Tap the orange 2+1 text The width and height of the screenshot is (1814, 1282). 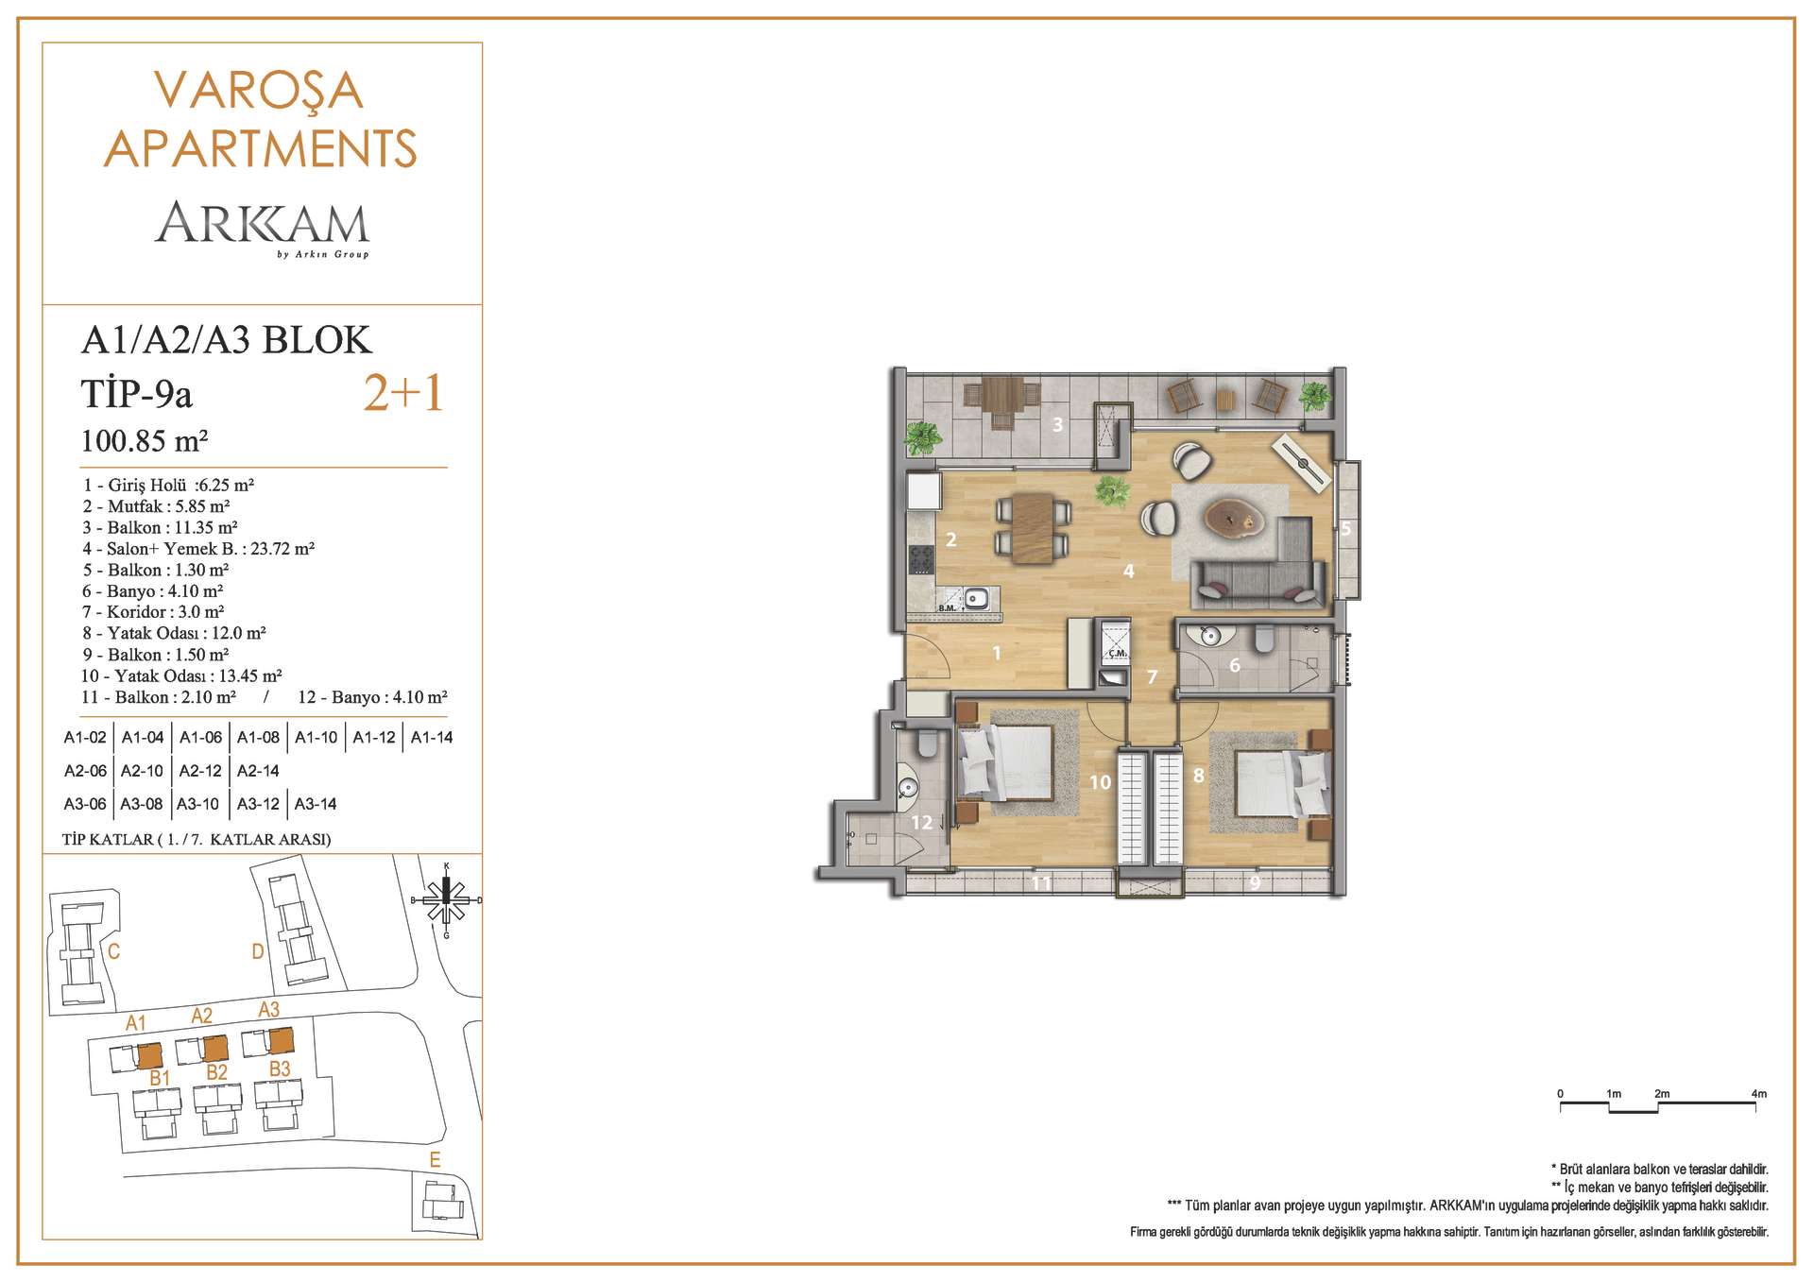[403, 393]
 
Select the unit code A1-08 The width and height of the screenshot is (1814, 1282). [258, 737]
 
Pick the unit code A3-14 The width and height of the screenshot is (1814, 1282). [316, 804]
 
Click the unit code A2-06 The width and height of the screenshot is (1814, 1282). [85, 771]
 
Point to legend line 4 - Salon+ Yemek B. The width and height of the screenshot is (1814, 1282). [198, 548]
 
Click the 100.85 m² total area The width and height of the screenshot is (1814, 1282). [145, 440]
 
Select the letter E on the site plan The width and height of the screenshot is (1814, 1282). [435, 1160]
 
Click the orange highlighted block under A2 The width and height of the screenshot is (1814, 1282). [216, 1049]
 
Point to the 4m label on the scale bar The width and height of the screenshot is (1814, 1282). [1758, 1094]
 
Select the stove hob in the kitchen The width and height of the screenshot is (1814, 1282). [921, 559]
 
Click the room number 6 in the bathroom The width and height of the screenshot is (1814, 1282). [1234, 665]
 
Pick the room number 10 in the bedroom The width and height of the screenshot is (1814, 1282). [1100, 782]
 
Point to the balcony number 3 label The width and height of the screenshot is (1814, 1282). [1058, 424]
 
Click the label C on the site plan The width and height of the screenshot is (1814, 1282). [113, 950]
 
